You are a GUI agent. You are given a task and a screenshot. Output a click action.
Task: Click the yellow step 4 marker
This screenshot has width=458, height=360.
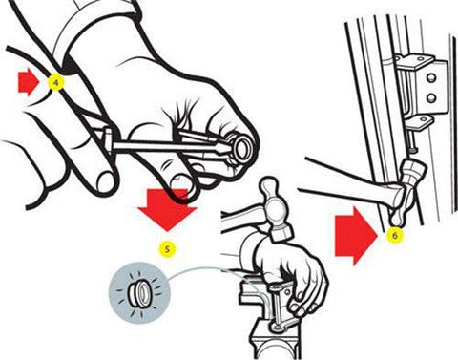coord(56,83)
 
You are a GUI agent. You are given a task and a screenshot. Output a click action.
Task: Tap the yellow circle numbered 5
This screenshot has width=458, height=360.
coord(167,250)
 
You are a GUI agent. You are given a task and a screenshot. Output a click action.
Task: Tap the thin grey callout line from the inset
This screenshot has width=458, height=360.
coord(205,273)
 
